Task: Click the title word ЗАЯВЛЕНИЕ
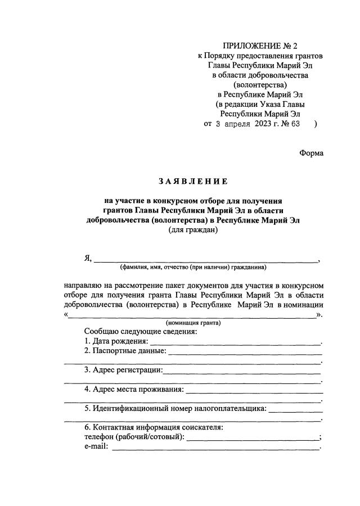193,181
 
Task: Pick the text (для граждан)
193,230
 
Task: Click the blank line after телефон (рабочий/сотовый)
251,439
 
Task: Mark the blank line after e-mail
214,449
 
